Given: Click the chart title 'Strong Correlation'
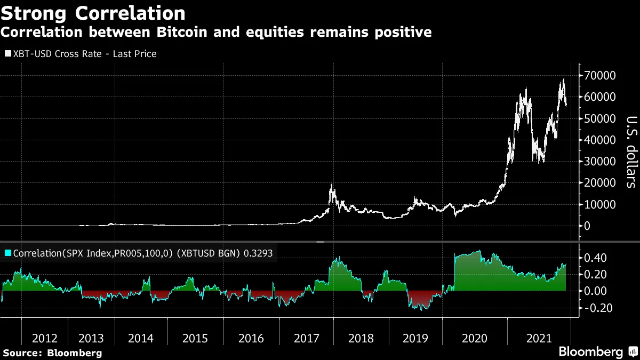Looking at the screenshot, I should (93, 12).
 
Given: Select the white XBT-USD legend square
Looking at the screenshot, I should (7, 54).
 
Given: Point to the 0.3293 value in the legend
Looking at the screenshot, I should (258, 254).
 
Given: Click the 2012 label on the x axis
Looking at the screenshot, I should (45, 338).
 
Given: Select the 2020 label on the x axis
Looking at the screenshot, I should (474, 338).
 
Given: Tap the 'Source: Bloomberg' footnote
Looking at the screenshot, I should (52, 353).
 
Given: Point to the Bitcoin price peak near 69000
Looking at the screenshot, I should (563, 79).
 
